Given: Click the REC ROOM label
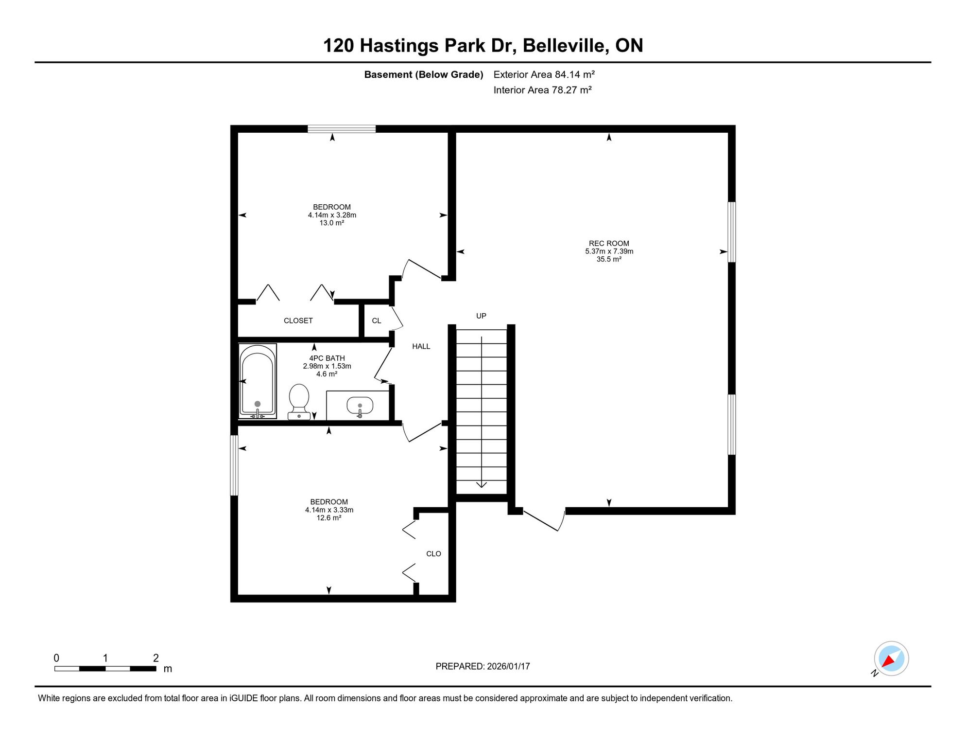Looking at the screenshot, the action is pyautogui.click(x=609, y=244).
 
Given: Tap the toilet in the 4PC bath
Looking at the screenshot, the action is pyautogui.click(x=299, y=402).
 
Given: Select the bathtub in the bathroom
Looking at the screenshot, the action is pyautogui.click(x=258, y=381).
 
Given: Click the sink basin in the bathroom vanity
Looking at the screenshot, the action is pyautogui.click(x=360, y=405).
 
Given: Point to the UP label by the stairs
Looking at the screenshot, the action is pyautogui.click(x=481, y=316).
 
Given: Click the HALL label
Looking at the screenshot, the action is pyautogui.click(x=421, y=346).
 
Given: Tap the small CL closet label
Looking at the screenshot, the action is pyautogui.click(x=377, y=320).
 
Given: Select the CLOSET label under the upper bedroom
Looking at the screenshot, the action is pyautogui.click(x=298, y=320).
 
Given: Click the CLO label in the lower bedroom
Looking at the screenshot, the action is pyautogui.click(x=433, y=553).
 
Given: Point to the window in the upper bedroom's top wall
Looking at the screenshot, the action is pyautogui.click(x=342, y=129).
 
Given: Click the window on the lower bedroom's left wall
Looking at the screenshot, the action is pyautogui.click(x=234, y=465).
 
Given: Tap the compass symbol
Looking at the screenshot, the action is pyautogui.click(x=891, y=658).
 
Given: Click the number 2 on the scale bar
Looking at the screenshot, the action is pyautogui.click(x=156, y=658).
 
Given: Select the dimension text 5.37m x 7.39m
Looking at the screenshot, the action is pyautogui.click(x=609, y=251).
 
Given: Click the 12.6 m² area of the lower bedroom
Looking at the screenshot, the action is pyautogui.click(x=329, y=518).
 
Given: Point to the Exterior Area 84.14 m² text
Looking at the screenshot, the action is pyautogui.click(x=544, y=74).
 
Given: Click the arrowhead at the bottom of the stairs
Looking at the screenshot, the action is pyautogui.click(x=482, y=484).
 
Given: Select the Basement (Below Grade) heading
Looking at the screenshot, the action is pyautogui.click(x=424, y=74).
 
